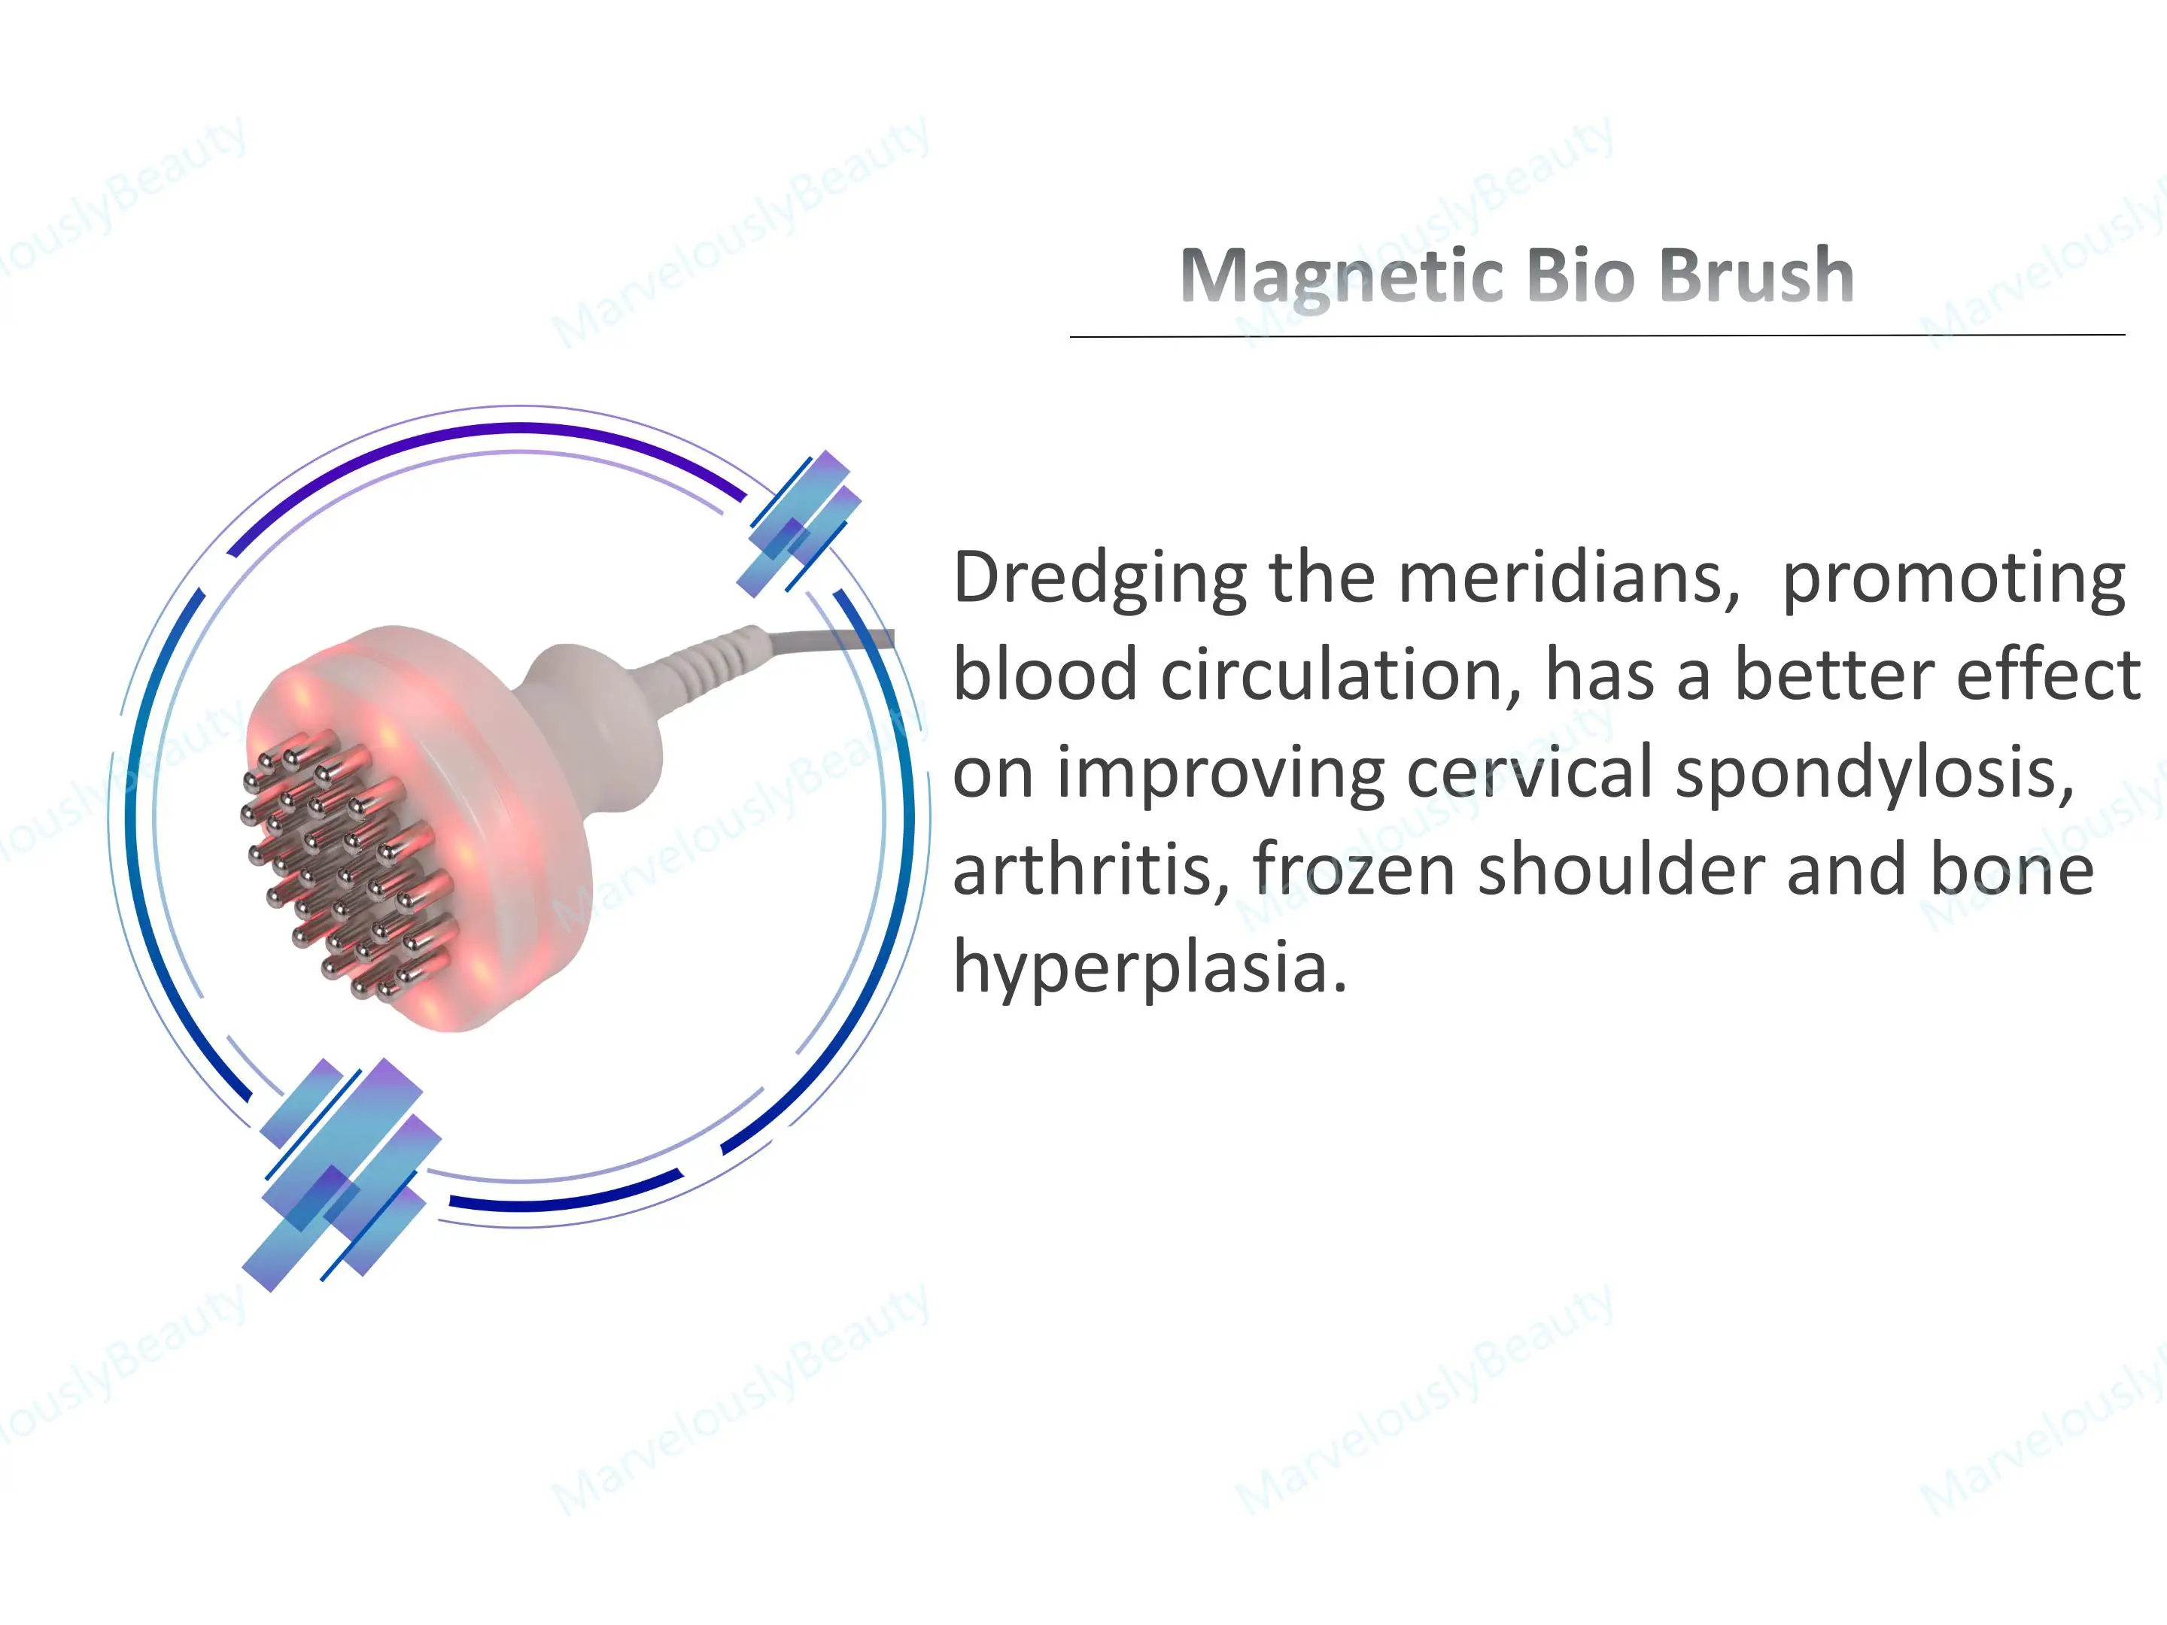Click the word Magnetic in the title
pos(1342,275)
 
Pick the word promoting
pos(1953,580)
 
